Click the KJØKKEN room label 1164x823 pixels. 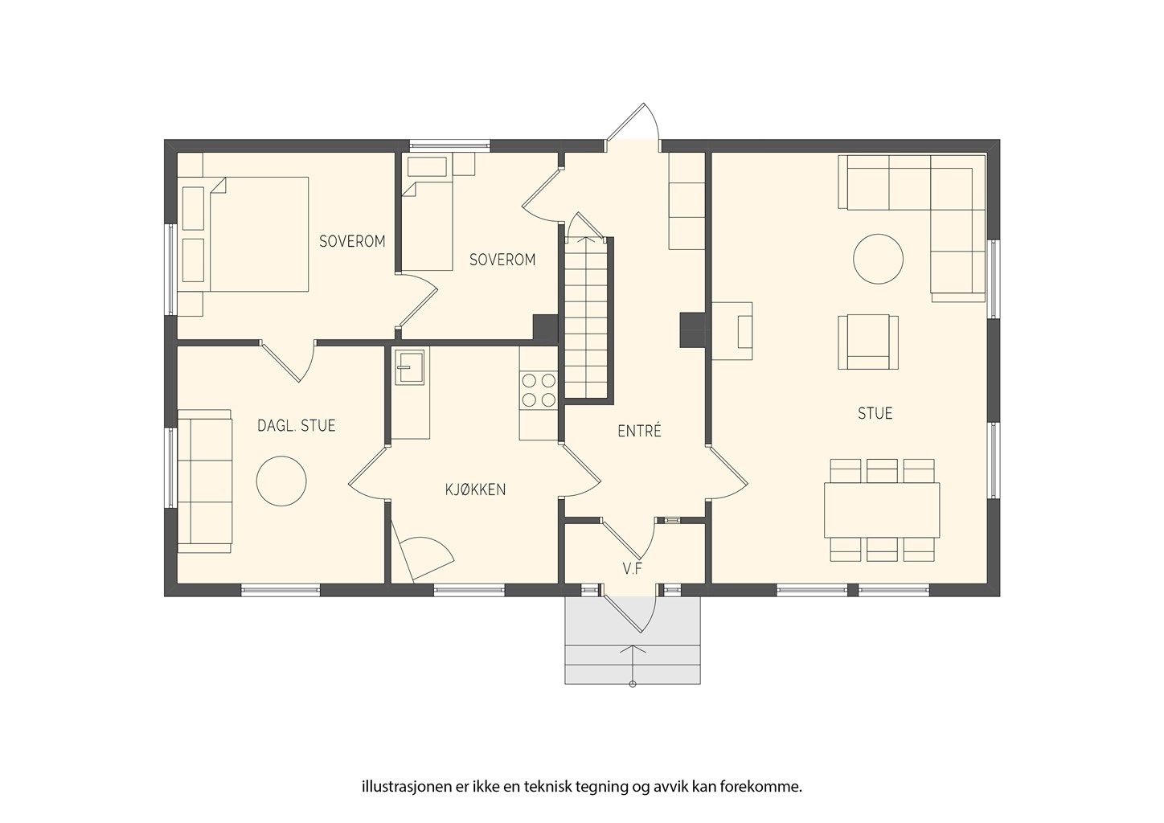475,489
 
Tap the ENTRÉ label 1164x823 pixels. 639,431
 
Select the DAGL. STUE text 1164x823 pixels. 296,425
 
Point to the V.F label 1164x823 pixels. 633,569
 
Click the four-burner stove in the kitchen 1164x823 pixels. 539,390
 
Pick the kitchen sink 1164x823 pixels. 409,366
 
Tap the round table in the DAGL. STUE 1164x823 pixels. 281,481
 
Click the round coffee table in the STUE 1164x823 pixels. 878,259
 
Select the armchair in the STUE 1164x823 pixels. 868,342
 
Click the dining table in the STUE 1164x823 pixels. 882,510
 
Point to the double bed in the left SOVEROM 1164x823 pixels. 244,235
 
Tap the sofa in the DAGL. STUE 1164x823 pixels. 205,481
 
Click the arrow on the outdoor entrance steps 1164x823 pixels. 633,665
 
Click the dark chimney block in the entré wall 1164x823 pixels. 692,330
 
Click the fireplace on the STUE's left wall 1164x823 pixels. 732,331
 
